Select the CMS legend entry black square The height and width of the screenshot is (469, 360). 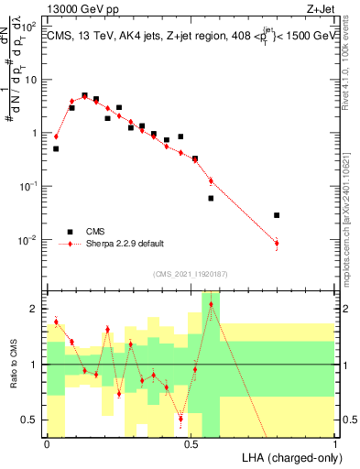(68, 232)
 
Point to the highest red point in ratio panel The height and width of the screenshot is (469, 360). (211, 304)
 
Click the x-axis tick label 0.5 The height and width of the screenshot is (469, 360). (191, 442)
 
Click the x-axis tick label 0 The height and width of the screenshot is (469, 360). (47, 442)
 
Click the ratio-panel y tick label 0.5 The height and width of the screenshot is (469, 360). (30, 420)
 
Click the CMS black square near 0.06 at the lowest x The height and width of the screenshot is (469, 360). (56, 148)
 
